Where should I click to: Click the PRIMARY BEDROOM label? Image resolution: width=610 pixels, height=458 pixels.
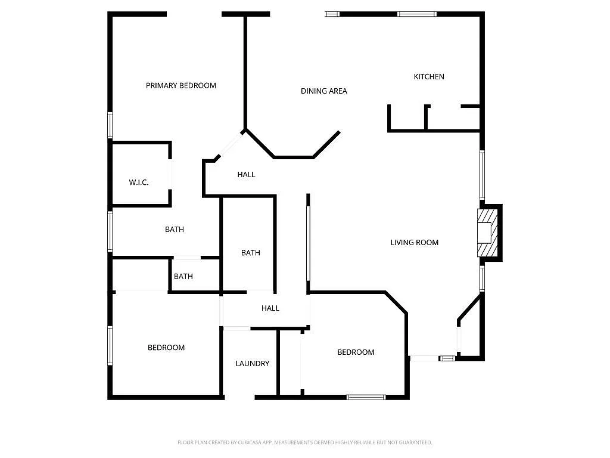(x=180, y=85)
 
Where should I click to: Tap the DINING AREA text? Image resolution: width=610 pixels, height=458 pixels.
(x=323, y=91)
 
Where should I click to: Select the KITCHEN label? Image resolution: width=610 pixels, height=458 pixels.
(x=429, y=76)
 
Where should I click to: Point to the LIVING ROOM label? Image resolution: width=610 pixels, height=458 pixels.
(x=414, y=242)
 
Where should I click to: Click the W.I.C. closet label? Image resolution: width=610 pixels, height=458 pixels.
(x=139, y=182)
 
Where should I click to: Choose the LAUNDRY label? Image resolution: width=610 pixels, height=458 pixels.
(x=252, y=363)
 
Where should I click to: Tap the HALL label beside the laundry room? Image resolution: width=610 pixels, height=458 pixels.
(x=270, y=308)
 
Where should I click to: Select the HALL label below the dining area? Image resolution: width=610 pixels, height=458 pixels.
(x=246, y=174)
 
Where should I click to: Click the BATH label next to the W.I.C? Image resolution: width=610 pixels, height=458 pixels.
(x=175, y=230)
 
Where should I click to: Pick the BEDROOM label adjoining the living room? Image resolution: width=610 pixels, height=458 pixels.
(x=356, y=352)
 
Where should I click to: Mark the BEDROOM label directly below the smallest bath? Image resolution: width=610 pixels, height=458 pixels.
(x=166, y=348)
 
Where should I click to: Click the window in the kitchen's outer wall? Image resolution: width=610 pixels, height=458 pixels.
(x=417, y=14)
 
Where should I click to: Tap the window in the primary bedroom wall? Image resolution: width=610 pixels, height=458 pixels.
(x=110, y=125)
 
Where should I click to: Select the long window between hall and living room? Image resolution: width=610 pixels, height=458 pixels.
(x=308, y=242)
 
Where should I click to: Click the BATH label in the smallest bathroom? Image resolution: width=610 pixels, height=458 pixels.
(x=183, y=276)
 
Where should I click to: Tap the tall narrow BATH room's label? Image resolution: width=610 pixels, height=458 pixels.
(x=251, y=253)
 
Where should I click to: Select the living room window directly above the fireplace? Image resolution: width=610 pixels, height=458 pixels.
(x=482, y=174)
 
